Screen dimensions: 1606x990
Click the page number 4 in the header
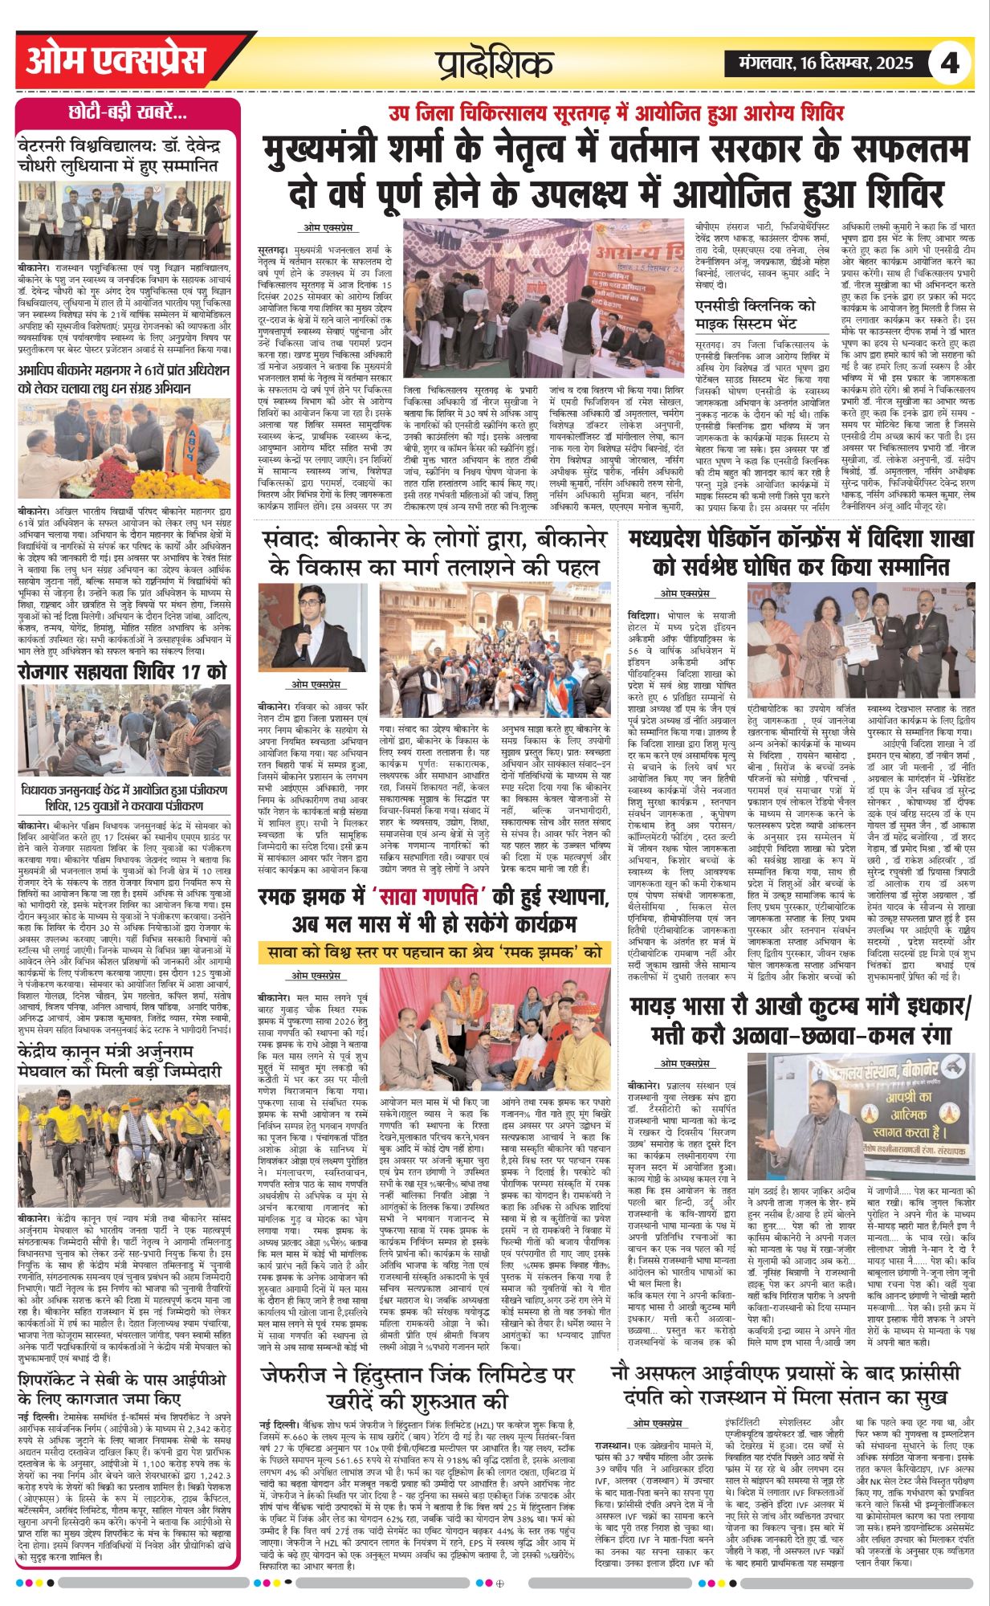coord(949,63)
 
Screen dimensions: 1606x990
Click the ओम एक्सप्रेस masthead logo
coord(116,62)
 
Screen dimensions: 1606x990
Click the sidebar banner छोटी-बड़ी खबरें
coord(128,112)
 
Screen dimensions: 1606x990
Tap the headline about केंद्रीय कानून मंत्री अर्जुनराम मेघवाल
coord(124,1062)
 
